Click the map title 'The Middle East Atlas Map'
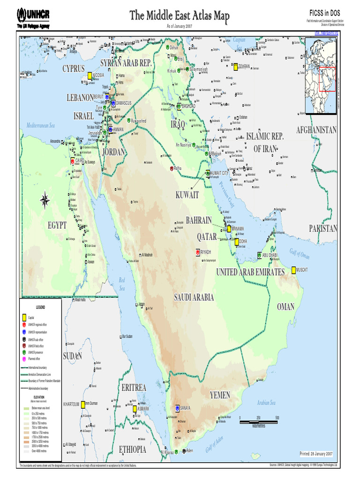180,16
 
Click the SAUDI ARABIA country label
194,297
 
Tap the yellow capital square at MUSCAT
293,270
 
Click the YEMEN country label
220,395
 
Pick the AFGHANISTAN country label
316,130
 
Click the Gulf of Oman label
300,254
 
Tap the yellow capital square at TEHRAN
236,67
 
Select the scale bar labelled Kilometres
259,422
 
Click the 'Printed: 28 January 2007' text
316,454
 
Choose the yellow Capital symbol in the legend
24,317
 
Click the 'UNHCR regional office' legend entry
37,324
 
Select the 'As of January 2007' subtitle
180,26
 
